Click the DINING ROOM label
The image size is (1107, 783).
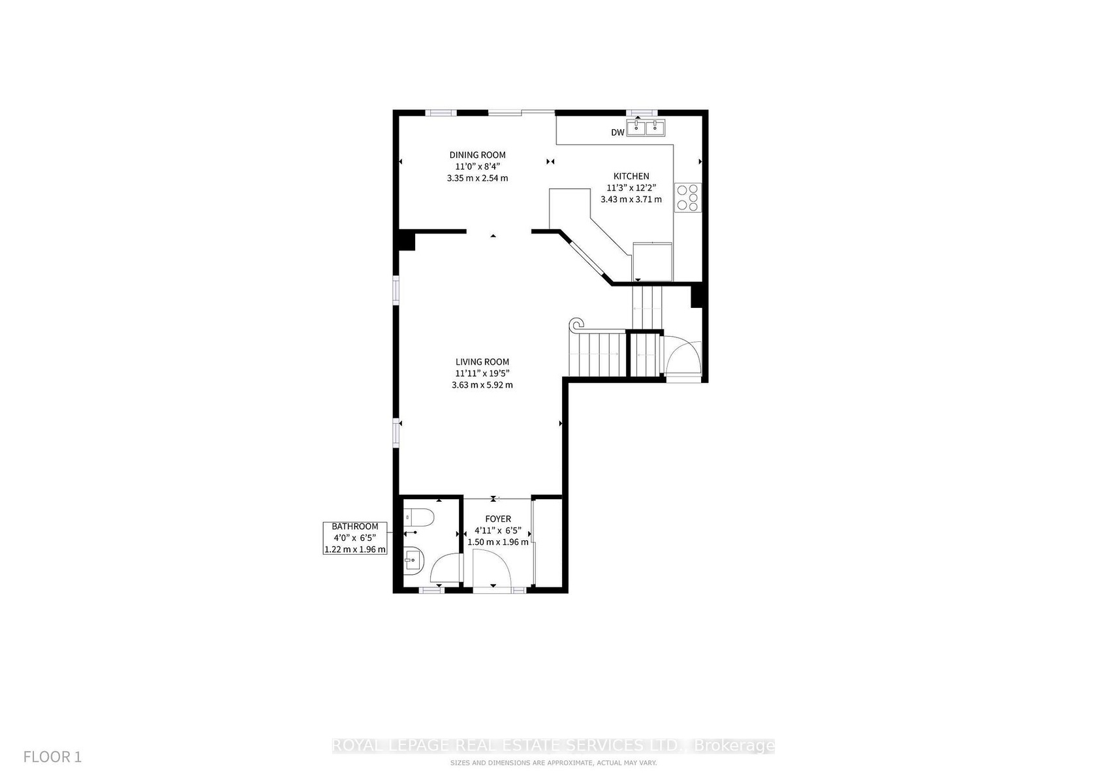click(x=477, y=155)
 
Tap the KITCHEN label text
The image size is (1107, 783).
click(x=631, y=176)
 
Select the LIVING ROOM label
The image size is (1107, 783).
click(x=482, y=362)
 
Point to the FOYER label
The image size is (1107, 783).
click(x=498, y=519)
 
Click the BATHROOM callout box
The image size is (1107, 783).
click(x=355, y=538)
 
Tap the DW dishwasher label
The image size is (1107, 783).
click(x=617, y=132)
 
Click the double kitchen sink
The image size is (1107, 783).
click(x=646, y=127)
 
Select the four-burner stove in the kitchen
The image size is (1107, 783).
click(x=688, y=198)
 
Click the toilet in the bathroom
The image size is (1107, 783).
click(x=418, y=517)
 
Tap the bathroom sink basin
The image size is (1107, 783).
click(x=414, y=560)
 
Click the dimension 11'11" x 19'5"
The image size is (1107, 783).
click(x=482, y=373)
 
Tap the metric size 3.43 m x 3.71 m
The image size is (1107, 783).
click(x=631, y=200)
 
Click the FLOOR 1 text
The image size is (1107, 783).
click(x=52, y=757)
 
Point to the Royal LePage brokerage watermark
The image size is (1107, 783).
click(x=553, y=745)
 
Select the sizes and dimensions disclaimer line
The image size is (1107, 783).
click(x=553, y=763)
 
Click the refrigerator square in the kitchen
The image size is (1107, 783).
click(x=652, y=262)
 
